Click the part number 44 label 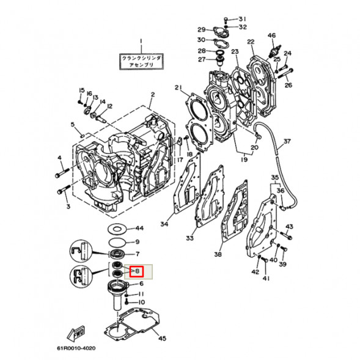point(139,228)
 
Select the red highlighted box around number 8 point(136,270)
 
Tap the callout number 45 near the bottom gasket point(161,338)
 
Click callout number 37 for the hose point(287,141)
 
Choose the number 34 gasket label point(164,224)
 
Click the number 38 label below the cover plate point(218,254)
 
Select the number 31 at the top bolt point(242,18)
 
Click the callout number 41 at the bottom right point(266,279)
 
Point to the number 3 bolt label point(69,207)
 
